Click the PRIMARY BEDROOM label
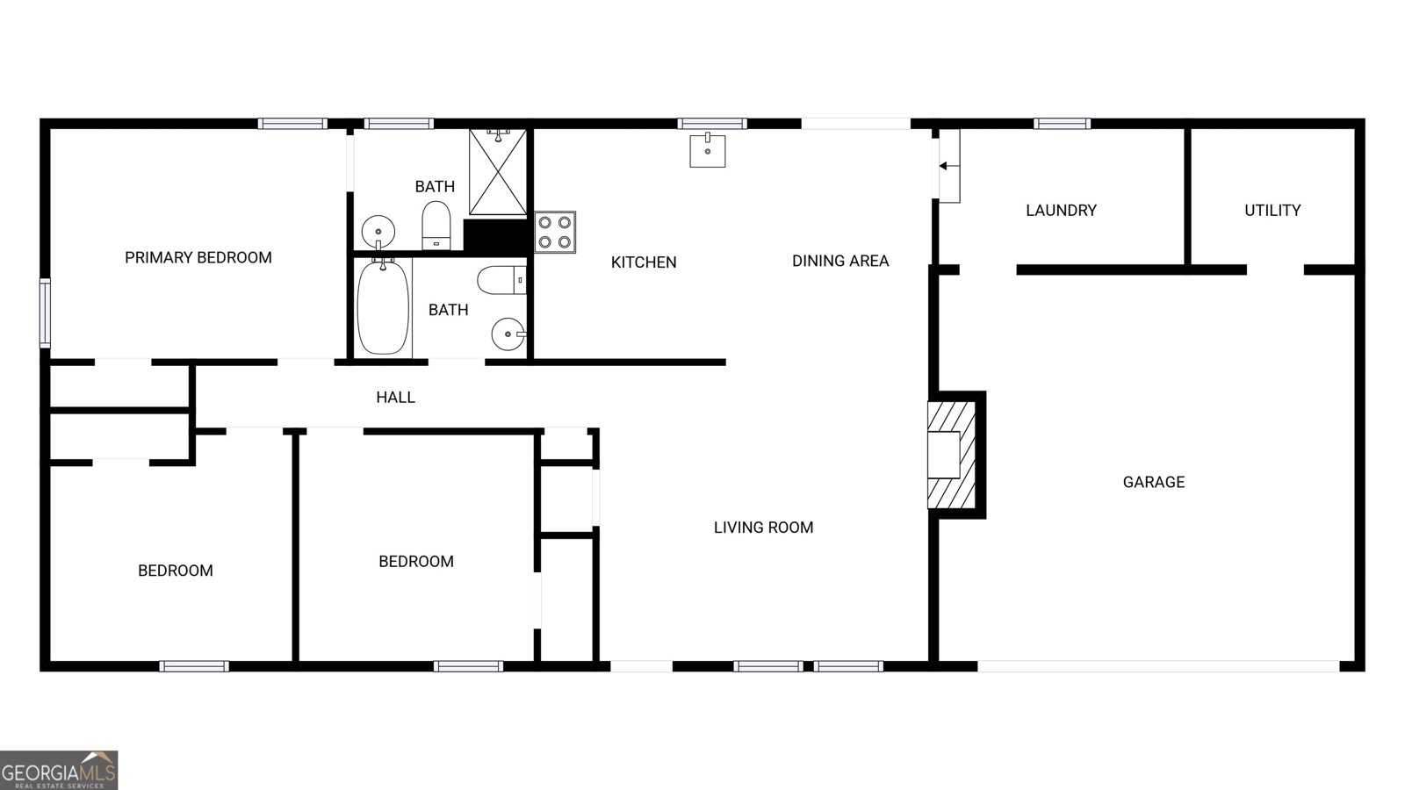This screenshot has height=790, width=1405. [x=198, y=257]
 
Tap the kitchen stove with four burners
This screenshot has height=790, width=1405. [x=555, y=232]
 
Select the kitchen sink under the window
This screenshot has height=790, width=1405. [x=707, y=150]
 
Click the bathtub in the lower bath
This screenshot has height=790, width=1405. [x=383, y=306]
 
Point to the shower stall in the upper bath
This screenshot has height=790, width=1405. [x=497, y=172]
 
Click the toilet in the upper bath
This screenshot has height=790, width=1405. [x=436, y=226]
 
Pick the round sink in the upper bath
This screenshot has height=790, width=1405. [x=378, y=232]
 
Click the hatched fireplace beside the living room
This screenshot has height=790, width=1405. [x=952, y=455]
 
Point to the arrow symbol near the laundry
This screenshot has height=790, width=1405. [x=948, y=166]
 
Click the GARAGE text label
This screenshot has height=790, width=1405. [x=1153, y=482]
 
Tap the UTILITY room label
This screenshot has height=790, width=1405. [x=1272, y=210]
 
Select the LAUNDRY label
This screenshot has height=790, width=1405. [x=1061, y=210]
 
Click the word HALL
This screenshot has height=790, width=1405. [x=395, y=398]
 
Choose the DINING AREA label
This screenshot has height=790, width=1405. [x=839, y=261]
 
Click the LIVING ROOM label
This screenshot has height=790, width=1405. [x=763, y=528]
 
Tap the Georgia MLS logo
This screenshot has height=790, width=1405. [x=59, y=771]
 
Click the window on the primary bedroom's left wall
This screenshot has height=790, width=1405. [x=45, y=312]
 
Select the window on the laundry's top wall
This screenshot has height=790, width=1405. [x=1062, y=124]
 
